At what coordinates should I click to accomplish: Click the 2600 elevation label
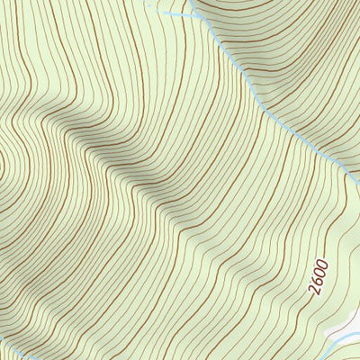click(x=316, y=280)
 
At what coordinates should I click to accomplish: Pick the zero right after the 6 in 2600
click(x=318, y=275)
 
